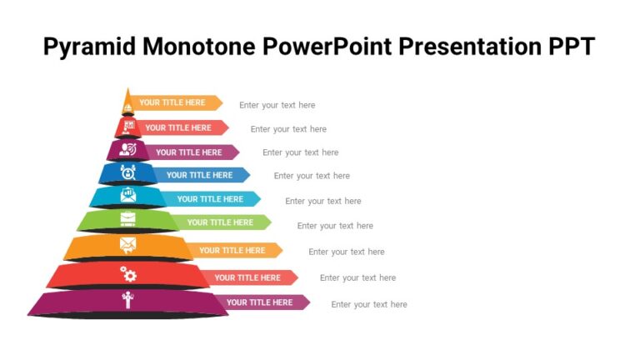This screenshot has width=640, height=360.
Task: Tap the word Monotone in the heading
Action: (200, 47)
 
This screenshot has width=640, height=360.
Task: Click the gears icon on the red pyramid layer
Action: (128, 273)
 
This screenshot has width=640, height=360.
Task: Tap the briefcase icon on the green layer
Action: (127, 218)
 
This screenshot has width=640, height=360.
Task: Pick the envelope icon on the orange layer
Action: (127, 244)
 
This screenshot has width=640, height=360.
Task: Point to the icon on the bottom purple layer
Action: (127, 299)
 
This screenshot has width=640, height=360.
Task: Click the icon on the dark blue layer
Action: (127, 172)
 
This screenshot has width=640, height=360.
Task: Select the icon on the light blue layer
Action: (127, 195)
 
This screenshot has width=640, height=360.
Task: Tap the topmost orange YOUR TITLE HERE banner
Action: (173, 103)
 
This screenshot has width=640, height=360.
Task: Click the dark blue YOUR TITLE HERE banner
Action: (201, 175)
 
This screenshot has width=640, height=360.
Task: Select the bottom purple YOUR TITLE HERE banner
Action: (261, 302)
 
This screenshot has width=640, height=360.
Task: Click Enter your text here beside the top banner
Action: (277, 105)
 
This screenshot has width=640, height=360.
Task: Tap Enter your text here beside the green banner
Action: (335, 226)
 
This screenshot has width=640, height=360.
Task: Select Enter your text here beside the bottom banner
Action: (369, 304)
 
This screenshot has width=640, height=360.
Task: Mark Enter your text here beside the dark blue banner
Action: (312, 176)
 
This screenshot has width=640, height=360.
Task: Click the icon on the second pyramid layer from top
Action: (127, 127)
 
